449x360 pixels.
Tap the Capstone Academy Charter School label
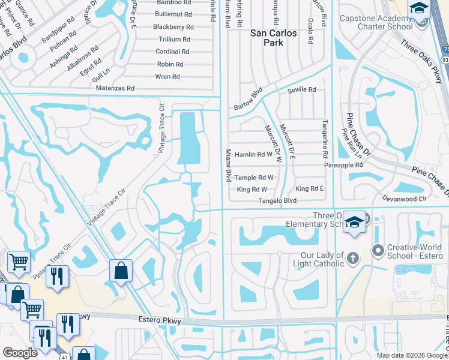376,22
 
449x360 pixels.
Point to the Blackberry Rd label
173,27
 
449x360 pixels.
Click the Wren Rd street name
167,76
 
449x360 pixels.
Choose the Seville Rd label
301,89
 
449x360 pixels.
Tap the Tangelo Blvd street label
277,200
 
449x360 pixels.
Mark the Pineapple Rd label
343,164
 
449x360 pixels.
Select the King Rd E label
310,188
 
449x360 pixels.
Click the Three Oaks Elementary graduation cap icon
354,221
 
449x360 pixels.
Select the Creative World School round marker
377,249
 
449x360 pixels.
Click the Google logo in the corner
20,352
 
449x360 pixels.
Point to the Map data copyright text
412,355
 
